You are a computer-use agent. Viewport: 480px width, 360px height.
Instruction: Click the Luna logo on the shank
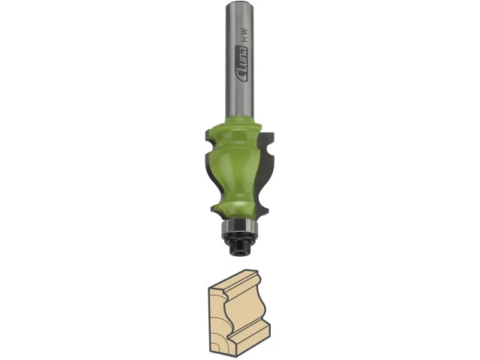[x=241, y=64]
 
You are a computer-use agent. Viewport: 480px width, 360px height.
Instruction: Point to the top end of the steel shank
[x=239, y=3]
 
